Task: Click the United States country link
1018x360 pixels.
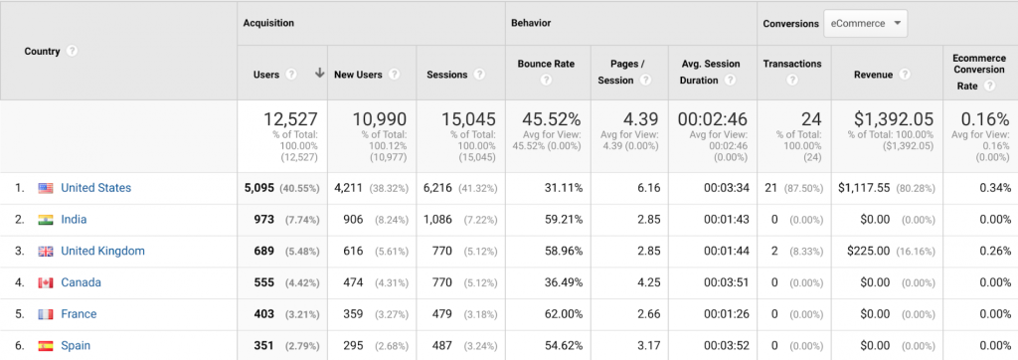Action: (x=95, y=188)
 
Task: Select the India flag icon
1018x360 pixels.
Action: (x=46, y=220)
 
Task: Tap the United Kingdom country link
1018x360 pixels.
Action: (x=102, y=252)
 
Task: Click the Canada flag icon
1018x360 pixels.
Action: (x=46, y=282)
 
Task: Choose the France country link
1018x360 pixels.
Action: (x=79, y=314)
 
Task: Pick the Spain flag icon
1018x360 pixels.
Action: (x=46, y=346)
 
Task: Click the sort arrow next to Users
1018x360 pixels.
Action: (x=319, y=74)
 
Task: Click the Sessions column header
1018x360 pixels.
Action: (x=447, y=74)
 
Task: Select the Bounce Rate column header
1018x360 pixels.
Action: (x=546, y=65)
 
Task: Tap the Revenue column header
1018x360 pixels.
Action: (x=873, y=74)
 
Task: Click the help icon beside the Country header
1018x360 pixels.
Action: (x=73, y=52)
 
